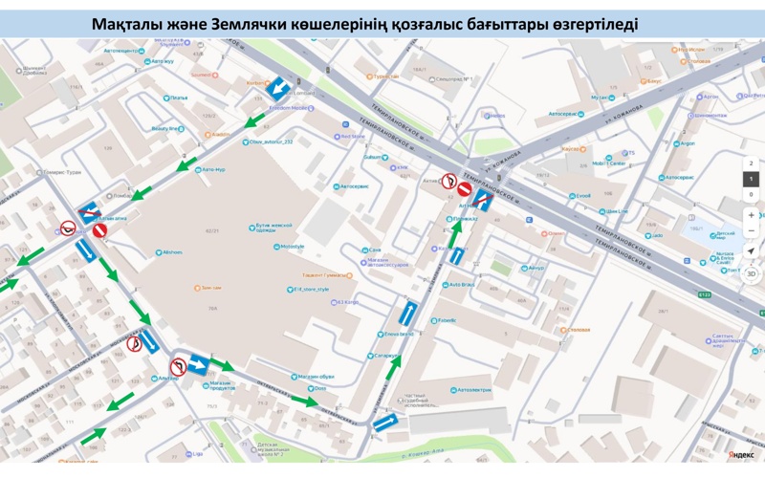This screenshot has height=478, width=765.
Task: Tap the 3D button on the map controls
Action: point(752,273)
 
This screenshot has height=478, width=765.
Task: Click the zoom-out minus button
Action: point(752,231)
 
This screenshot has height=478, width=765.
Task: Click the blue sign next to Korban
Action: point(278,89)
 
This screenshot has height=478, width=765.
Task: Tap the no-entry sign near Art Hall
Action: point(464,189)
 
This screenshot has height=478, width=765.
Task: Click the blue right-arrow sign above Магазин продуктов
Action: point(198,364)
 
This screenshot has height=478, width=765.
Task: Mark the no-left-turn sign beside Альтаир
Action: point(178,367)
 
